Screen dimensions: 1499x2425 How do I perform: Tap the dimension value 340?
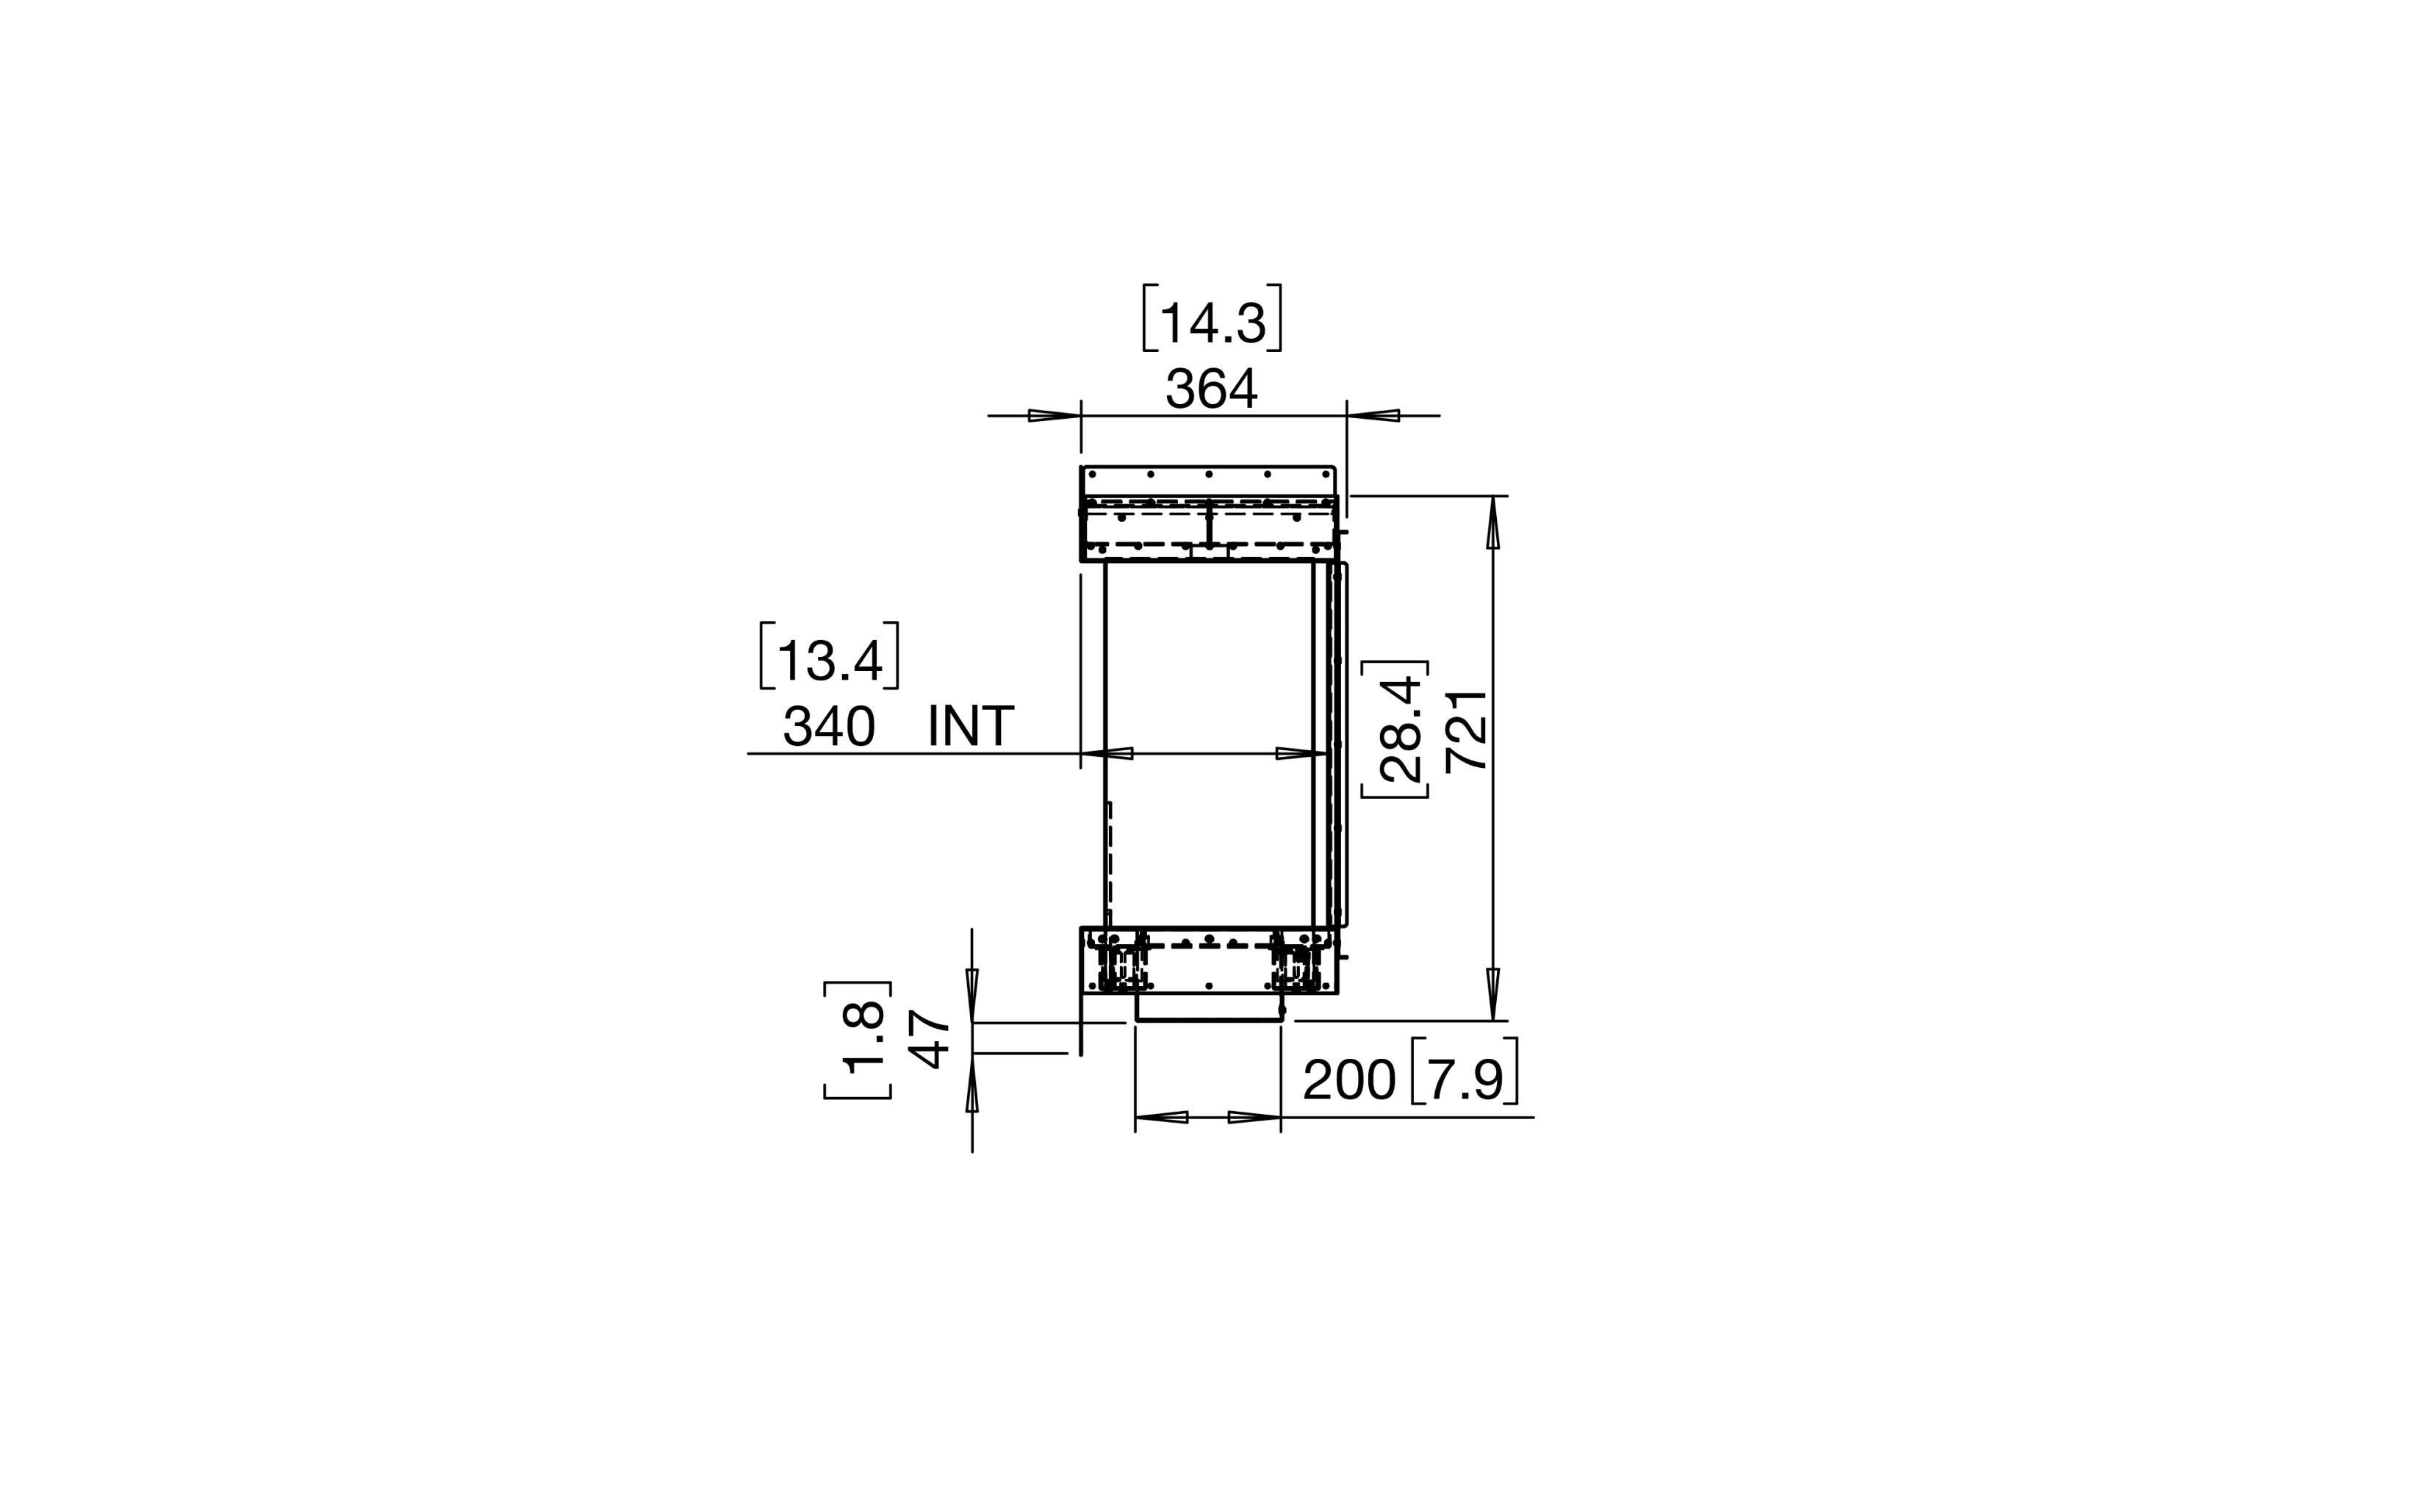click(x=829, y=727)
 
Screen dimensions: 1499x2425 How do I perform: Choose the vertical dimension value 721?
click(x=1466, y=730)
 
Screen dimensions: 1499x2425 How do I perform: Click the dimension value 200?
click(x=1348, y=1079)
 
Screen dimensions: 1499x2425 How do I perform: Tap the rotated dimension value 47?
click(x=930, y=1039)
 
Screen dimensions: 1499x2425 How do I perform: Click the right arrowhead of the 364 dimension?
click(x=1373, y=415)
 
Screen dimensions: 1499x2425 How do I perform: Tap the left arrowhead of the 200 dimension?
click(x=1161, y=1118)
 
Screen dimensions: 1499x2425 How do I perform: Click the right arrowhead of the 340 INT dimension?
click(x=1301, y=753)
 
